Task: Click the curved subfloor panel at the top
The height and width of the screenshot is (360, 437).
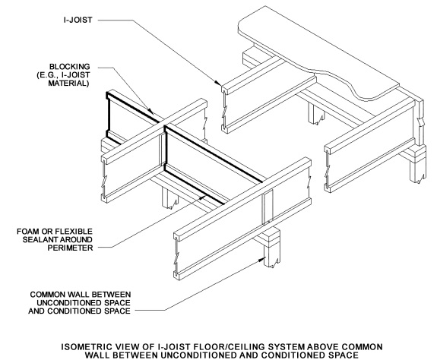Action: point(334,46)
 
